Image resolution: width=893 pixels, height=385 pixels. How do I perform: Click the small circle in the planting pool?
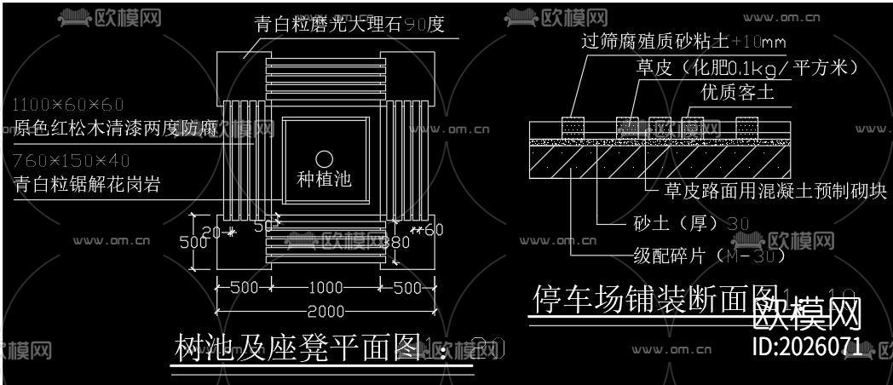[324, 158]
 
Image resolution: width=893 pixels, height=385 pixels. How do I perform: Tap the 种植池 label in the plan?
[324, 180]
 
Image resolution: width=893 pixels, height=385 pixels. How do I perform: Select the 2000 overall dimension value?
[324, 311]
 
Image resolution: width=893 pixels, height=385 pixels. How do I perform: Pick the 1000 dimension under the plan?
[324, 288]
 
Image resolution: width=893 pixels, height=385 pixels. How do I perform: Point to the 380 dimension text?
[395, 242]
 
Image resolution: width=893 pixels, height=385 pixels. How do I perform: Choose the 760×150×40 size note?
[72, 161]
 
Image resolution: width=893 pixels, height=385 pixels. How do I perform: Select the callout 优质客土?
[738, 92]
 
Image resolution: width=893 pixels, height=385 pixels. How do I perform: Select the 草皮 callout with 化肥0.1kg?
[746, 67]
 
